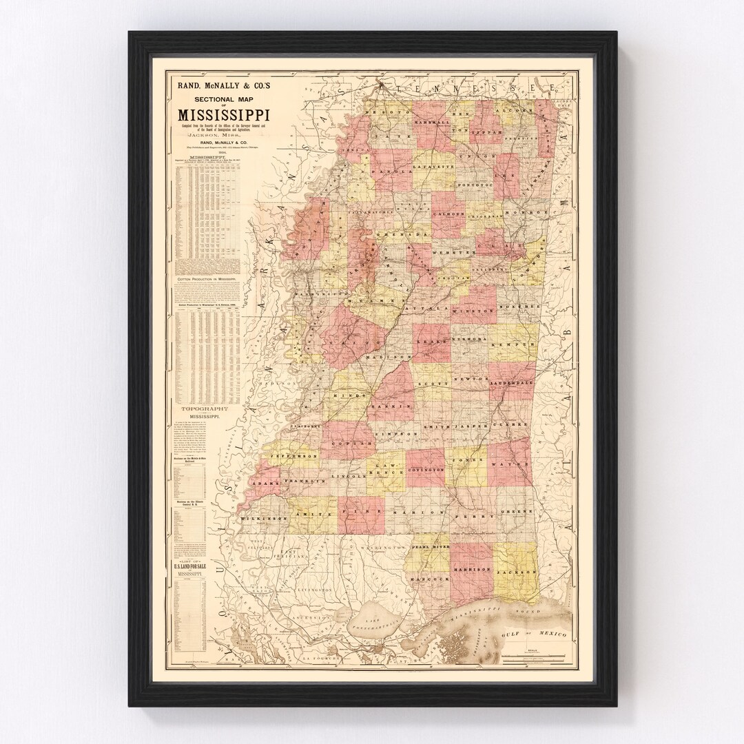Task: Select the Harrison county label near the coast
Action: click(472, 570)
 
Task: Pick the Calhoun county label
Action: click(450, 215)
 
